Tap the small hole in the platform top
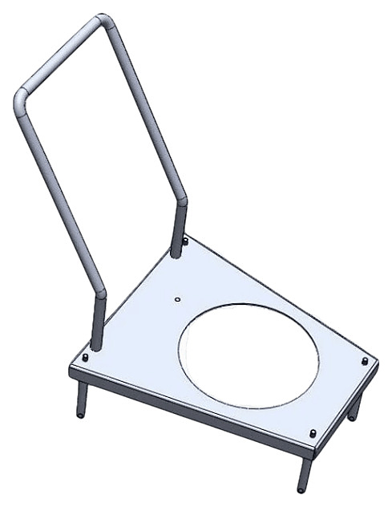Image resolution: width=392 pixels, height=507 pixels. [178, 300]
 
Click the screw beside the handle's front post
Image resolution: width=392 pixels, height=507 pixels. [86, 358]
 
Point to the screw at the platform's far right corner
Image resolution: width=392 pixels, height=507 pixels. [366, 362]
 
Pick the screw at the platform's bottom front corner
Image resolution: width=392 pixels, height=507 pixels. [313, 433]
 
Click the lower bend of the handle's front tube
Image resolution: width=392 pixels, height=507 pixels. [99, 294]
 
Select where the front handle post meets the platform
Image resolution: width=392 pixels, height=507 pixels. [96, 347]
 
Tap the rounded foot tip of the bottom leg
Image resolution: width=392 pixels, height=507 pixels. [301, 489]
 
